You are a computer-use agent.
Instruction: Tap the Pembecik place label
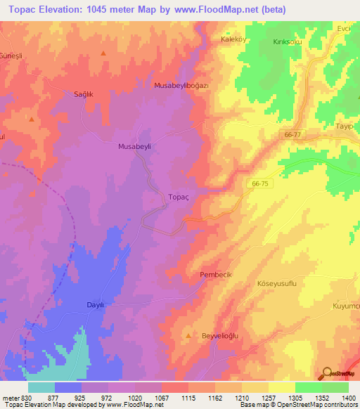click(216, 274)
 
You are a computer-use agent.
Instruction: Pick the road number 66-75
click(259, 183)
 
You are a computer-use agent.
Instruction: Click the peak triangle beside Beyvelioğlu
click(188, 337)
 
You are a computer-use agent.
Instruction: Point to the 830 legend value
click(27, 398)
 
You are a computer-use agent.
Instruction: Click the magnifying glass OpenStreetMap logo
click(326, 372)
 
